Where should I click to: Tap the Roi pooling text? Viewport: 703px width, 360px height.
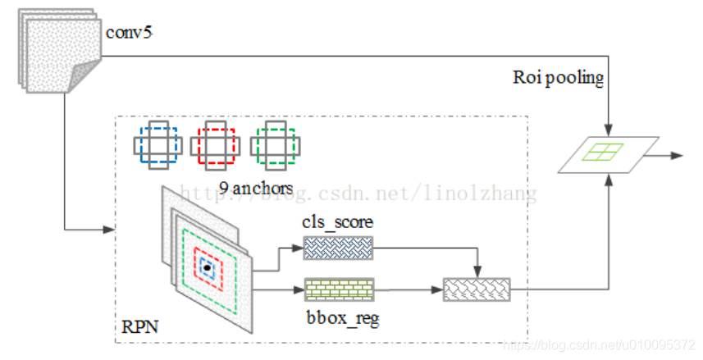(559, 79)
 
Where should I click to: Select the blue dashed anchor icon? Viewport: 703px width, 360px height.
(154, 145)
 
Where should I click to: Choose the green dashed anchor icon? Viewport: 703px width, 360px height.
(276, 145)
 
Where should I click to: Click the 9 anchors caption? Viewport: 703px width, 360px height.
(256, 188)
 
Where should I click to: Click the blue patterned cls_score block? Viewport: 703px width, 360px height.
(338, 248)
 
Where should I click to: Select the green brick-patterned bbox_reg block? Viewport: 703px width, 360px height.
(339, 289)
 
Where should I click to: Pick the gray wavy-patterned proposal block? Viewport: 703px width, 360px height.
(477, 289)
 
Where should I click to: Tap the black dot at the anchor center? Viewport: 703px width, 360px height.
(208, 267)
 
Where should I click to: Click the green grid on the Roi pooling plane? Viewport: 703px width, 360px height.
(603, 152)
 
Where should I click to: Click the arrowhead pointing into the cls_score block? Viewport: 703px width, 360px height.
(299, 248)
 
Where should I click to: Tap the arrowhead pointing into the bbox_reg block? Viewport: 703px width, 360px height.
(299, 289)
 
